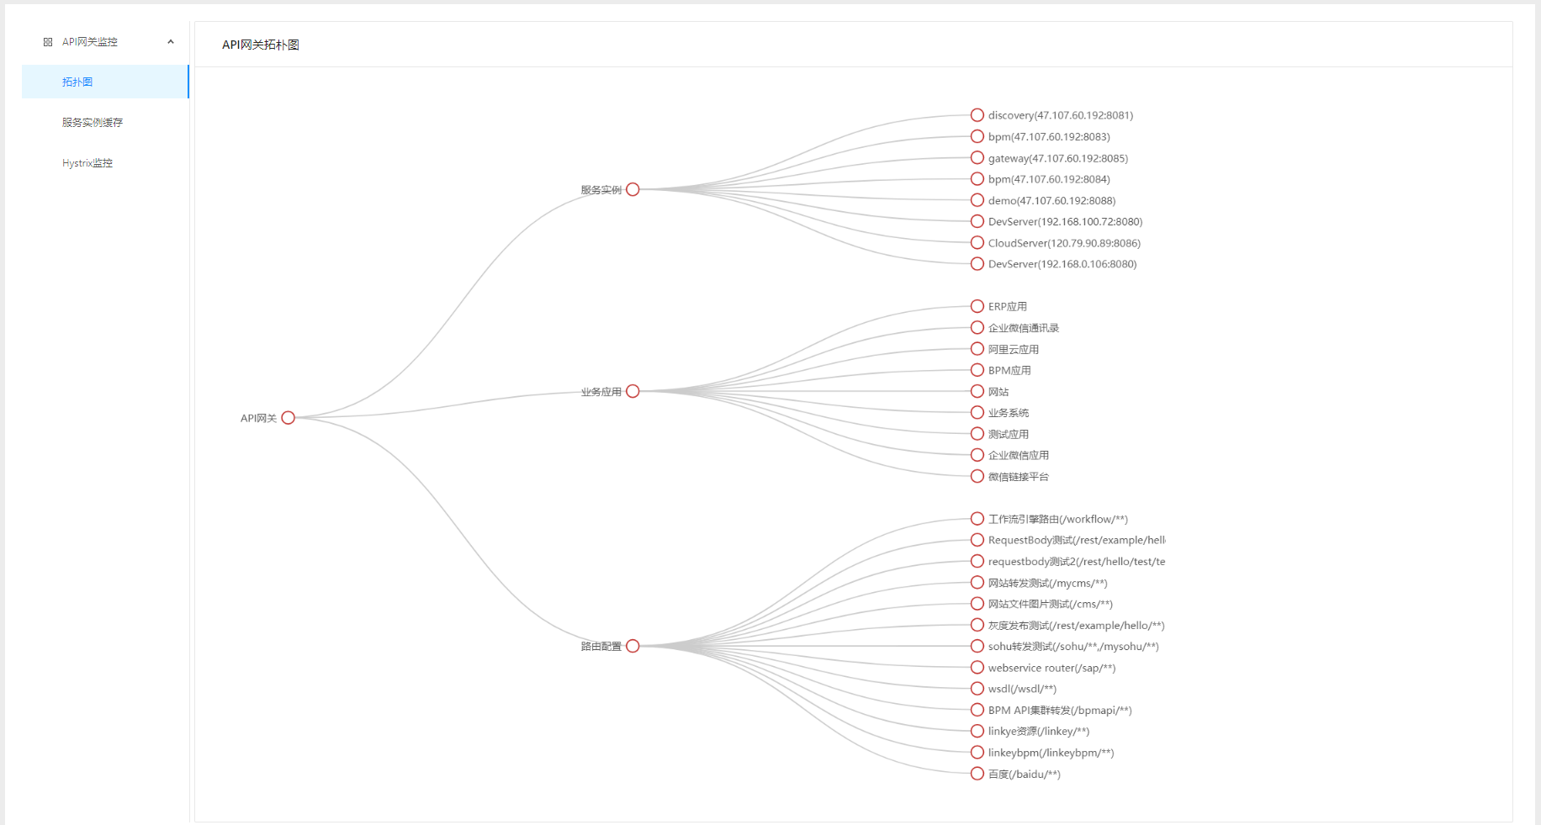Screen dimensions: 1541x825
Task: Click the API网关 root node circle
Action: tap(288, 418)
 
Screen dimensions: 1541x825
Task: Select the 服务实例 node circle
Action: tap(633, 189)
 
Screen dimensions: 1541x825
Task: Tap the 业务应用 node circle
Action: tap(633, 391)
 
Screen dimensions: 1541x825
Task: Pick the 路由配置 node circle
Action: tap(633, 646)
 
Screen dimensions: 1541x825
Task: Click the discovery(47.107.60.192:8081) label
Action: tap(1061, 115)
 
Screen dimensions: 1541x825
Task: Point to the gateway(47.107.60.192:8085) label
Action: tap(1058, 158)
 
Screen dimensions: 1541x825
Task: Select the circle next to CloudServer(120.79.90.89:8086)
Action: tap(977, 243)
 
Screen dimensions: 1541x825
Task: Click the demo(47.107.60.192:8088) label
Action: tap(1051, 200)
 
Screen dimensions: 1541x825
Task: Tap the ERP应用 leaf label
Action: tap(1008, 307)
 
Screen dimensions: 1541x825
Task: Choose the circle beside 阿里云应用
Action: tap(977, 349)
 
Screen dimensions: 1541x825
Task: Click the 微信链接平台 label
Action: tap(1019, 477)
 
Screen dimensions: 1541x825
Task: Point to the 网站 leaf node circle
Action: tap(977, 391)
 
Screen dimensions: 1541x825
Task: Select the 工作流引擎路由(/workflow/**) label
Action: tap(1058, 519)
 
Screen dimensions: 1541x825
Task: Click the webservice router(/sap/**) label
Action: tap(1051, 668)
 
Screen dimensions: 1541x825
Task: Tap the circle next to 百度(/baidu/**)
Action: tap(977, 774)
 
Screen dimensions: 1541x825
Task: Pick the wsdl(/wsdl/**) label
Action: tap(1022, 689)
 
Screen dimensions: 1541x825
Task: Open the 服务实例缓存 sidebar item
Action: tap(93, 123)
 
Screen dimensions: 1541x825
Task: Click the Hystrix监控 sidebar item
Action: tap(87, 163)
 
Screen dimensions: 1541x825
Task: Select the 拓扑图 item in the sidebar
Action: tap(77, 82)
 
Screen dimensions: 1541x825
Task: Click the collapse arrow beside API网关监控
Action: tap(171, 42)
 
